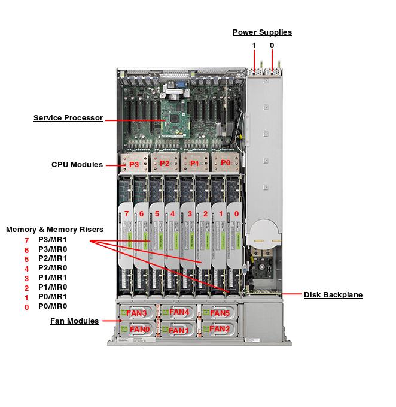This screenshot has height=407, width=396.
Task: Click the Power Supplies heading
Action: [x=262, y=32]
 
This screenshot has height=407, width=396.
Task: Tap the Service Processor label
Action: [x=68, y=118]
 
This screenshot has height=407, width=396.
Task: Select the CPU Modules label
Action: [x=77, y=164]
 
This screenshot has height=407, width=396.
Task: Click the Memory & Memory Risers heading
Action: [x=55, y=229]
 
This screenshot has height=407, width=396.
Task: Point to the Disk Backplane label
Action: [x=333, y=294]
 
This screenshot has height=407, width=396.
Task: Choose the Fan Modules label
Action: [x=75, y=321]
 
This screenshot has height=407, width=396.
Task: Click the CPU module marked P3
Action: [x=133, y=164]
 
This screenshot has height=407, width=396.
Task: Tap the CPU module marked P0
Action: [x=226, y=163]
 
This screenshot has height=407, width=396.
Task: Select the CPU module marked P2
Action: [x=165, y=164]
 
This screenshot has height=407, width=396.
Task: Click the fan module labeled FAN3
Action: [x=138, y=313]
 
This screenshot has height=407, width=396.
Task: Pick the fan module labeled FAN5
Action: [x=220, y=313]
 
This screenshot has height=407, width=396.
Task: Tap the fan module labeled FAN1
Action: [x=179, y=330]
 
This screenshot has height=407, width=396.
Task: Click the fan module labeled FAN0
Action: [x=139, y=329]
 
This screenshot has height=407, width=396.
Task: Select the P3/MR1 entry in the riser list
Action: [x=53, y=240]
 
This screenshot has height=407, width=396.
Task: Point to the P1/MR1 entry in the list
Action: [x=53, y=278]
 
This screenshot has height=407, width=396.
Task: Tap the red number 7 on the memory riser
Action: [x=126, y=213]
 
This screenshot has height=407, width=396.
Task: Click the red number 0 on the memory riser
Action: [x=237, y=213]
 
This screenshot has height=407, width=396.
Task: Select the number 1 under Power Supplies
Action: [x=254, y=46]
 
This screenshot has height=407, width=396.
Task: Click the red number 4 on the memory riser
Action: [x=173, y=213]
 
